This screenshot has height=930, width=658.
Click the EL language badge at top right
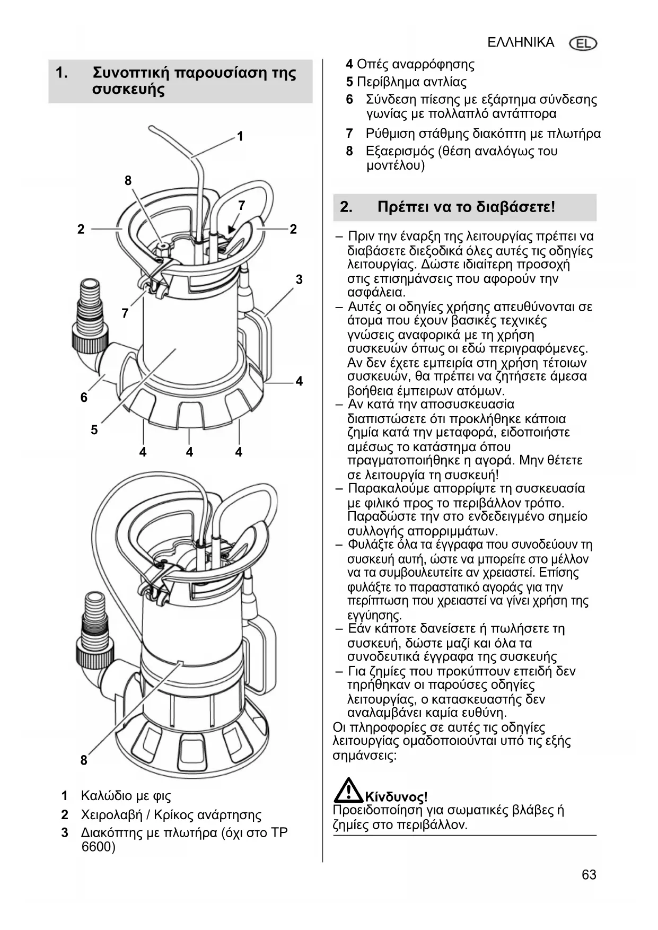pos(583,43)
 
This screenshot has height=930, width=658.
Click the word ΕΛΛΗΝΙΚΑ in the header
pos(521,42)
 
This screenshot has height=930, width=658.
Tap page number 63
pos(589,874)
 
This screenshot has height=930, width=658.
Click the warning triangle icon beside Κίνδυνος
pos(347,790)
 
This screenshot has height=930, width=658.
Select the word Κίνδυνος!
pos(396,797)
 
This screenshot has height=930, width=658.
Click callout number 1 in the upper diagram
pos(240,136)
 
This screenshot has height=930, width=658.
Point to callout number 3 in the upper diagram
pos(299,279)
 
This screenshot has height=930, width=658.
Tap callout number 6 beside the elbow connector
pos(84,397)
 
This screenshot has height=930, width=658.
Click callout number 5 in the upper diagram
pos(94,429)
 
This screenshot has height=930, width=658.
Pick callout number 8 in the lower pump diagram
pos(84,760)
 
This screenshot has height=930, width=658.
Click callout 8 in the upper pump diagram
pos(128,180)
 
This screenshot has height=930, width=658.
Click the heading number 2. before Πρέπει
pos(346,207)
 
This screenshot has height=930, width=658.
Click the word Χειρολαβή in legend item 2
pos(111,814)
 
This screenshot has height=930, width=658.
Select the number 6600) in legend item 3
pos(98,846)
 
